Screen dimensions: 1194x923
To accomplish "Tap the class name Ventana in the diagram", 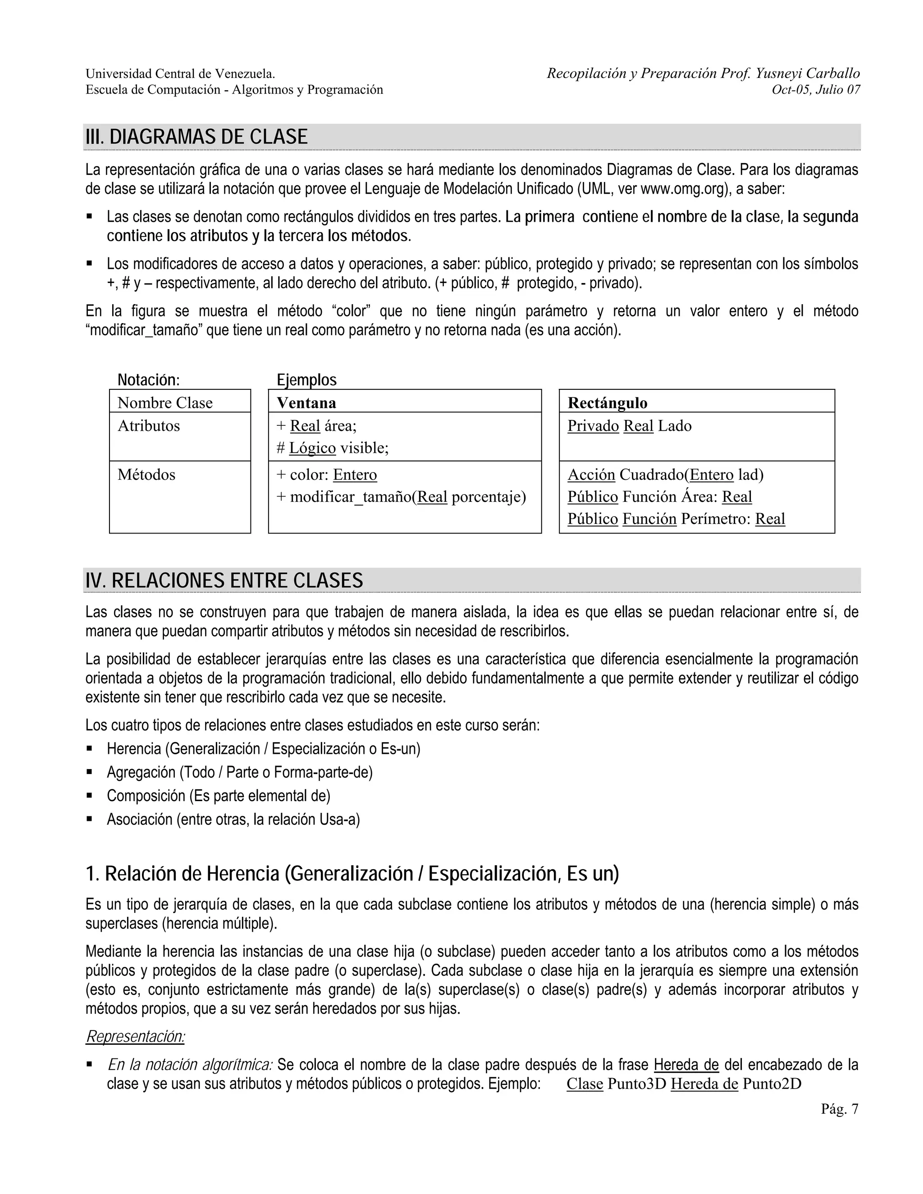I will (x=306, y=403).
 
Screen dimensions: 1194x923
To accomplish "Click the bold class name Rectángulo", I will (x=607, y=403).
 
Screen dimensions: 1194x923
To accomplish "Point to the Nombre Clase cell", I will (x=164, y=403).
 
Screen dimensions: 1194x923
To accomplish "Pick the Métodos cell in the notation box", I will (x=146, y=474).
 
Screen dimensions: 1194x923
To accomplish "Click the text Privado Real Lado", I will (x=629, y=426).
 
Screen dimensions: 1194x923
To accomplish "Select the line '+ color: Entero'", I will (x=326, y=474).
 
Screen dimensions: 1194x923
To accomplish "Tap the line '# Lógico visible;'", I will (x=333, y=448).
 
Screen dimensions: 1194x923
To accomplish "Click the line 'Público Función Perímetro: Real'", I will (x=676, y=519).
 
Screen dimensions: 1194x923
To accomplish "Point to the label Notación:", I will (x=149, y=379).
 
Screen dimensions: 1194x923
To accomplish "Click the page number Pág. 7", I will (x=839, y=1109).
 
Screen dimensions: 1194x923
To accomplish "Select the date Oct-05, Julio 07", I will (x=815, y=90).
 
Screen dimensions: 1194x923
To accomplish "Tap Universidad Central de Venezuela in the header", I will (x=180, y=74).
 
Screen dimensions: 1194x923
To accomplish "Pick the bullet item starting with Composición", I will (x=218, y=795).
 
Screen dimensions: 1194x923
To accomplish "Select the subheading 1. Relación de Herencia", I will (x=352, y=874).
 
